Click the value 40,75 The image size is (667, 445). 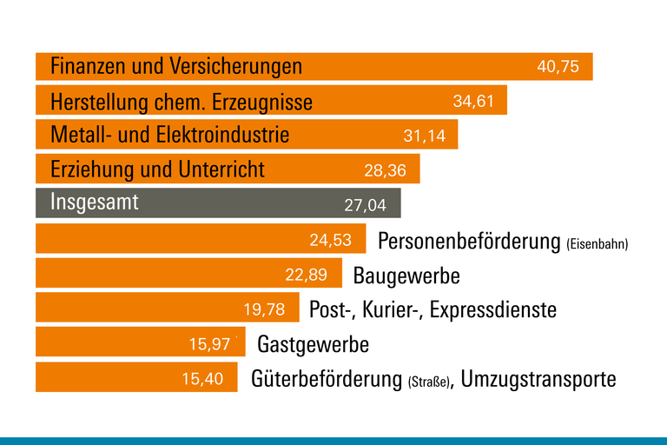coord(558,67)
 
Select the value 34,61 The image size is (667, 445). coord(473,102)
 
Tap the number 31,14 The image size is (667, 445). coord(425,136)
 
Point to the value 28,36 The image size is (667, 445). coord(385,171)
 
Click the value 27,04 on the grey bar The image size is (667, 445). coord(366,206)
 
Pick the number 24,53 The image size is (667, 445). coord(331,240)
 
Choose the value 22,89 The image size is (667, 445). coord(306,276)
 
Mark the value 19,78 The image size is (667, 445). coord(264,309)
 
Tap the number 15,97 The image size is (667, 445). coord(209,344)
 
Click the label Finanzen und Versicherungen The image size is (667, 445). coord(176,66)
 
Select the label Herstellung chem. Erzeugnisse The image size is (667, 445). coord(182,103)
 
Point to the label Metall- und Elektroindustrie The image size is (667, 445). coord(170,136)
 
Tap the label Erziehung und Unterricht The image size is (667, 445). coord(157,169)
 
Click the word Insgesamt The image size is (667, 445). coord(95,203)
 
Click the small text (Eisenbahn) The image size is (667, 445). coord(597,244)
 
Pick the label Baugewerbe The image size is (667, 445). coord(406,276)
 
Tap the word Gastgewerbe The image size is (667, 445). coord(314,345)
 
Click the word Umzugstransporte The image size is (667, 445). coord(538,380)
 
